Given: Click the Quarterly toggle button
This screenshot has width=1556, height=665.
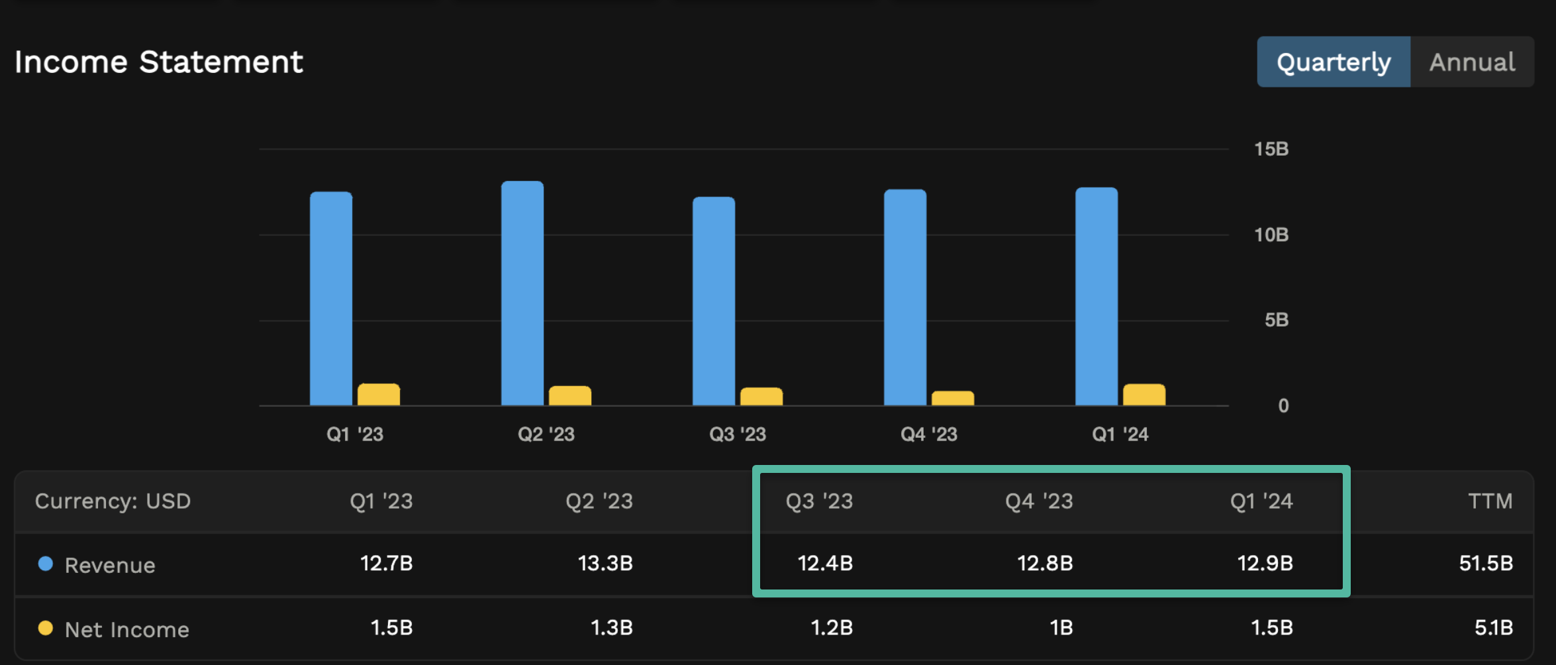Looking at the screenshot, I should click(1333, 62).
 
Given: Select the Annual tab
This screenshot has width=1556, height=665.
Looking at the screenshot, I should click(1471, 62).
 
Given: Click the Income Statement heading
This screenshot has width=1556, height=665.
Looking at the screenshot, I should click(158, 62).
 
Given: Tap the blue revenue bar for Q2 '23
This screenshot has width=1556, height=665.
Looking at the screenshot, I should click(522, 293).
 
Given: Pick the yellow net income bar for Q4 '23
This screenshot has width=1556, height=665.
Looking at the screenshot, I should click(952, 398).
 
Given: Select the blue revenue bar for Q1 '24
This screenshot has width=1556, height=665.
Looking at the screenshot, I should click(1096, 297).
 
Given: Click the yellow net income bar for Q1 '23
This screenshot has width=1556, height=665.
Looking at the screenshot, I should click(379, 395).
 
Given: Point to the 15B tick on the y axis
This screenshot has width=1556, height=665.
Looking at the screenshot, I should click(1271, 149).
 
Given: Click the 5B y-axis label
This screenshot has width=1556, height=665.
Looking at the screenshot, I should click(1276, 320).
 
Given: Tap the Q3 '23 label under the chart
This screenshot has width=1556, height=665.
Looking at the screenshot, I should click(737, 435).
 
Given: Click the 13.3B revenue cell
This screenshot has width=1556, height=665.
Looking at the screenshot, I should click(605, 564).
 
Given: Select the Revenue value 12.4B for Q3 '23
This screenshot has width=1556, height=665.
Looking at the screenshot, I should click(824, 564).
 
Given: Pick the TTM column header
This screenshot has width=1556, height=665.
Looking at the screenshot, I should click(1490, 501).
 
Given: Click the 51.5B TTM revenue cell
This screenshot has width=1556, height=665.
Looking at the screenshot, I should click(1485, 564).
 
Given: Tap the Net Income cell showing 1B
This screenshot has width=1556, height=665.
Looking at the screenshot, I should click(1061, 628).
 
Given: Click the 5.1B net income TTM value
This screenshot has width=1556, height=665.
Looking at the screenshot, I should click(1493, 628).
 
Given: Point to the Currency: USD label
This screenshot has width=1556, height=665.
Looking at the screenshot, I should click(113, 501).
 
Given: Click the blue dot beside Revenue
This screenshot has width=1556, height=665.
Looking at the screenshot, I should click(45, 564).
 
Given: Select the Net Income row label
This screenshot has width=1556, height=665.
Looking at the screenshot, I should click(126, 630).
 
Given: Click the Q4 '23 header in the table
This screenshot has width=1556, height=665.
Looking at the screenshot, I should click(1038, 501).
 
